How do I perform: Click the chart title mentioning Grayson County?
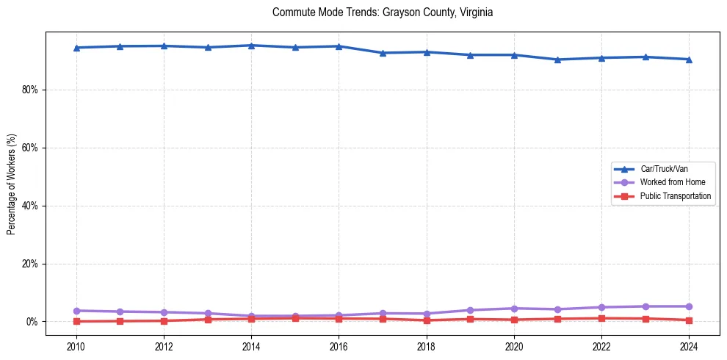point(382,12)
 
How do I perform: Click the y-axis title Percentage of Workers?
point(12,184)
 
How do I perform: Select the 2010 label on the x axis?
point(76,346)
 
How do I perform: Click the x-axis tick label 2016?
point(339,346)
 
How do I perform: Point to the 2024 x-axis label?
point(689,346)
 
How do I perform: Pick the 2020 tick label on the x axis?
point(514,346)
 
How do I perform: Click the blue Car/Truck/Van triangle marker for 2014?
point(251,46)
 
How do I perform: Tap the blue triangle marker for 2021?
point(557,60)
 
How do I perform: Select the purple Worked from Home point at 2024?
point(689,306)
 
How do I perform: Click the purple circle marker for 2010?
point(76,311)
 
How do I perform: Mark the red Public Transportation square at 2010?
point(76,321)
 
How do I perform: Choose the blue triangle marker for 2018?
point(426,52)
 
